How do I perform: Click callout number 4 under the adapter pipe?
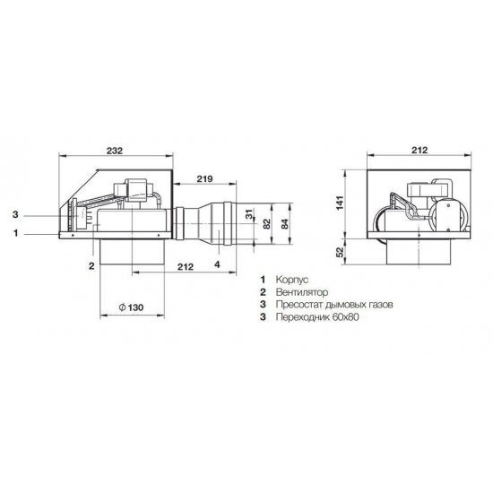point(217,264)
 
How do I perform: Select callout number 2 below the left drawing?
point(91,265)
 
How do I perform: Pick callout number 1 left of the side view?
point(16,233)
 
